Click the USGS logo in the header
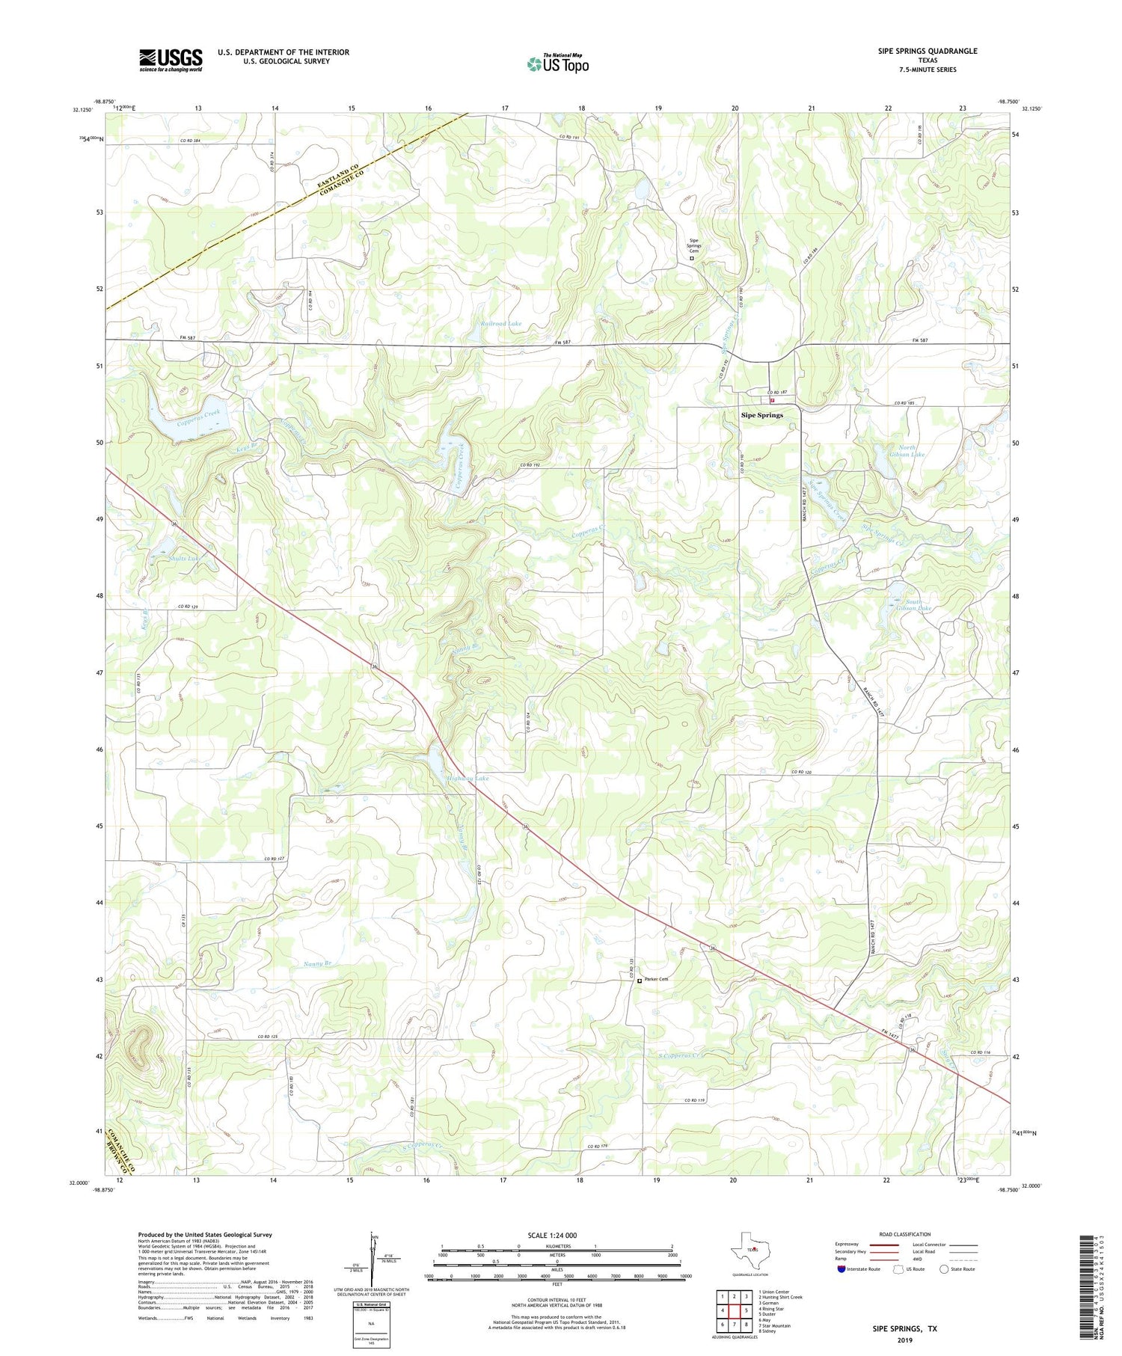[x=171, y=60]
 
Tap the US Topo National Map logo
[x=557, y=64]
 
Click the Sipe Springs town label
[x=761, y=415]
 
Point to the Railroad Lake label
[x=501, y=324]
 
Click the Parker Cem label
[x=656, y=980]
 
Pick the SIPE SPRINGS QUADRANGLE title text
[x=928, y=52]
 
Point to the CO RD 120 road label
[x=801, y=773]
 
